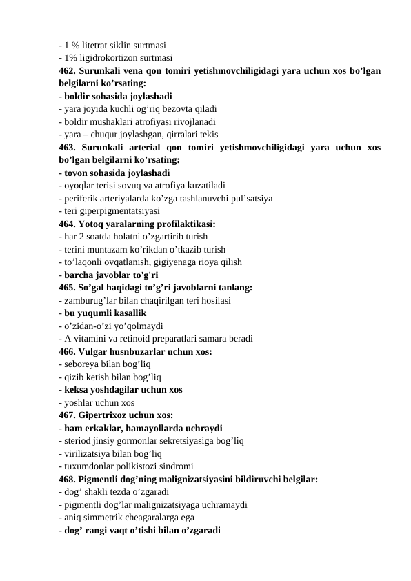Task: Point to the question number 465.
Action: tap(67, 287)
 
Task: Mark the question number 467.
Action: tap(67, 415)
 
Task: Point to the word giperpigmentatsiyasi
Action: tap(121, 211)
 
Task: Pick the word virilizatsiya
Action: tap(88, 453)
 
